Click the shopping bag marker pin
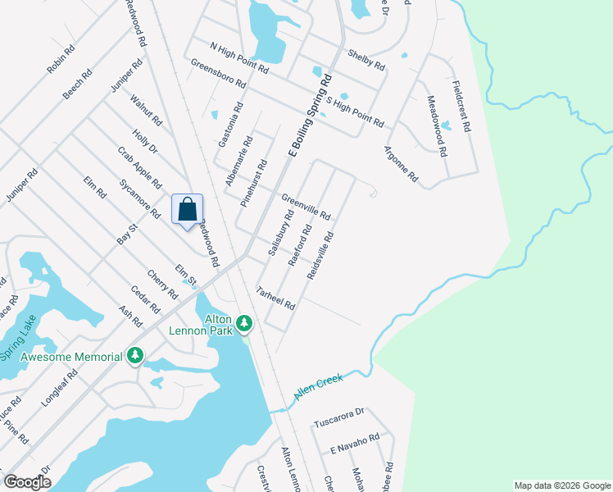tap(187, 209)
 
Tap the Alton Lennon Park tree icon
tap(244, 324)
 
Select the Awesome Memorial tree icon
tap(135, 356)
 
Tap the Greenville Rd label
tap(306, 207)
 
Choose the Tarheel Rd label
tap(275, 298)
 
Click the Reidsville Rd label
tap(320, 254)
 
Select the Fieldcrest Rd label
tap(461, 106)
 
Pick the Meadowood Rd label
tap(437, 125)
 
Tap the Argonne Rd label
tap(401, 164)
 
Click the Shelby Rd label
tap(366, 60)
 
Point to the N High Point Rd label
tap(239, 58)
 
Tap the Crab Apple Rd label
tap(139, 165)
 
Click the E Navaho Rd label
tap(355, 444)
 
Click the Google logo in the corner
tap(27, 482)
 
